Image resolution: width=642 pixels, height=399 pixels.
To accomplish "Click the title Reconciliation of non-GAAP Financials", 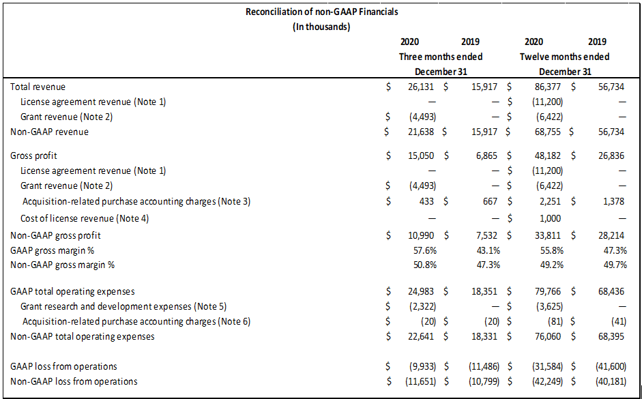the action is (321, 12).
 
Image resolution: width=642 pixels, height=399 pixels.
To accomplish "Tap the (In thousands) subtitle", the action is (321, 27).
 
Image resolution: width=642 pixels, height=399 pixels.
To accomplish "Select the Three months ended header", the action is (441, 57).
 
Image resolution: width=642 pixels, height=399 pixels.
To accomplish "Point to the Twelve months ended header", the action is (565, 57).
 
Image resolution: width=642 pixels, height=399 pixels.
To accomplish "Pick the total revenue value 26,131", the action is (421, 87).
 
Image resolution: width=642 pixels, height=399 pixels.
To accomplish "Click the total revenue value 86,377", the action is (548, 87).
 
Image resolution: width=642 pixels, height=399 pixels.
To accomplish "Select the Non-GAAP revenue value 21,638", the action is (421, 132).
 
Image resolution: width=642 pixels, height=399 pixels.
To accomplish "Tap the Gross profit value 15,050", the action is (421, 156).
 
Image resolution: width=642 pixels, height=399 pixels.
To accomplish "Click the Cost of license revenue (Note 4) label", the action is (85, 218).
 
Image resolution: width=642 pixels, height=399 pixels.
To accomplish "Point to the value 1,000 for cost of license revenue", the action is (551, 218).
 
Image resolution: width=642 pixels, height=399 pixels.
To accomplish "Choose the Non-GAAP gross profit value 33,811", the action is (548, 235).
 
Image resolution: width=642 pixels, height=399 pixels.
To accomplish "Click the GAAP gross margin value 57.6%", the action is (425, 250).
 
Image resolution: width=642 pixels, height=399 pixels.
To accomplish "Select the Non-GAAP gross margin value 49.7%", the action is (615, 265).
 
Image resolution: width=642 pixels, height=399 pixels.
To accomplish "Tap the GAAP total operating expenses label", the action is (72, 291).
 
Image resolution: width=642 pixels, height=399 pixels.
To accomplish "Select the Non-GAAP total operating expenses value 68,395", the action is (611, 336).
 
